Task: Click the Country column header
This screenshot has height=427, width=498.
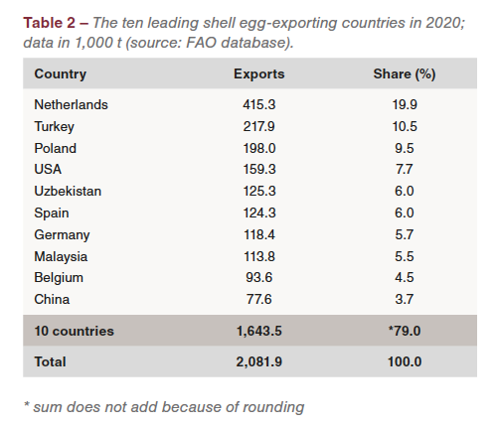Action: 61,74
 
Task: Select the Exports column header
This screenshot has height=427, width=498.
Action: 259,74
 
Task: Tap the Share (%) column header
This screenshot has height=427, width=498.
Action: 405,74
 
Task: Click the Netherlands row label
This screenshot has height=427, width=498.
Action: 71,104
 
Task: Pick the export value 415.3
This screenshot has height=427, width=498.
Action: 259,104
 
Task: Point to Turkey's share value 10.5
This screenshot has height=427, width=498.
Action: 405,126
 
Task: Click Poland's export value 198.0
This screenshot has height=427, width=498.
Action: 259,148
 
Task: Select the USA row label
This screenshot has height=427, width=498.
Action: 48,169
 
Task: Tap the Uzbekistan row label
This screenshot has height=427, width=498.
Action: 68,191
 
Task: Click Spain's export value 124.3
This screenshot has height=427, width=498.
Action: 259,213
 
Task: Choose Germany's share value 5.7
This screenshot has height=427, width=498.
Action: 405,234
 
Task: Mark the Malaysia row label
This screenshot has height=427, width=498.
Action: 61,257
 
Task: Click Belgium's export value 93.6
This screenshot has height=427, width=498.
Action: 259,277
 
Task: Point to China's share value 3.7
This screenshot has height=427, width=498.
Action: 405,299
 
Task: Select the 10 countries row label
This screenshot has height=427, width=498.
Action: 75,331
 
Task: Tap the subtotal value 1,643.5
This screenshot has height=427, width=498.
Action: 259,331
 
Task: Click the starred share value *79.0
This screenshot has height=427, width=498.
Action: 405,331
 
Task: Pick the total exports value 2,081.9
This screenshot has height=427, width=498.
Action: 259,361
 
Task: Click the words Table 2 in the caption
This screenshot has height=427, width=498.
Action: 50,23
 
